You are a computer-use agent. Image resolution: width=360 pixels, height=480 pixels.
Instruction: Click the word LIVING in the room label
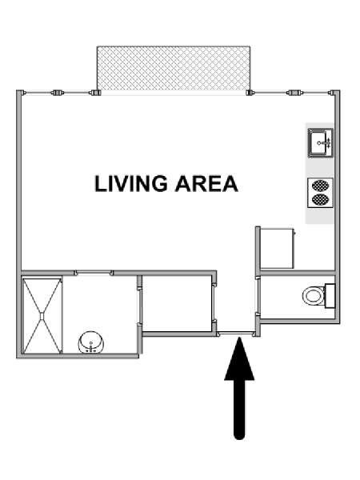click(131, 184)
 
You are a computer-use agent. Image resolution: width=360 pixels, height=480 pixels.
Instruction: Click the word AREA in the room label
click(206, 184)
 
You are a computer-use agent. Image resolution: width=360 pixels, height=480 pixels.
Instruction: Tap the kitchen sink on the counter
click(320, 143)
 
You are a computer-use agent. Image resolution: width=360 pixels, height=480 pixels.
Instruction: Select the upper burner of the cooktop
click(320, 186)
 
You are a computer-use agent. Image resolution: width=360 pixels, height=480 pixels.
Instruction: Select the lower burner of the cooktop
click(320, 199)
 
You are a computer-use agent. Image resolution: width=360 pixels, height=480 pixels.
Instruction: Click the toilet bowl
click(313, 296)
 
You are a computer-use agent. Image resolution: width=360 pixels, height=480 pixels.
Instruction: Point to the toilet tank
click(330, 296)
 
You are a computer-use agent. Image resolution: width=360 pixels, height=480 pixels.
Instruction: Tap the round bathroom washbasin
click(91, 342)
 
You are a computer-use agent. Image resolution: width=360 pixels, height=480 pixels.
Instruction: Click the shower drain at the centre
click(42, 316)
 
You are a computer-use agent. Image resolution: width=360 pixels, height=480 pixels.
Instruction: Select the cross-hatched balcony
click(174, 68)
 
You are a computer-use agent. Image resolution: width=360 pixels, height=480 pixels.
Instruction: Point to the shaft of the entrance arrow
click(239, 410)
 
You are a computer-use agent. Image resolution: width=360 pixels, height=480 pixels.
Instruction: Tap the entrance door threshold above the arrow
click(236, 334)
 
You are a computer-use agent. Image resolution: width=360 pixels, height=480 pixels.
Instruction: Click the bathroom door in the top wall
click(94, 273)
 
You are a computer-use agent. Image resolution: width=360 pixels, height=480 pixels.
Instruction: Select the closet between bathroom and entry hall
click(178, 303)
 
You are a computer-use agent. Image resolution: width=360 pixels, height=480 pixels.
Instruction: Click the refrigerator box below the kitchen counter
click(277, 248)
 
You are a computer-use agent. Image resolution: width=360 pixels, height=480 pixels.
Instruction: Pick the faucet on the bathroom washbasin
click(91, 347)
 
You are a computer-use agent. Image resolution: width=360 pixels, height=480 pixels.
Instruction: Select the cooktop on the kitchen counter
click(320, 193)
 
